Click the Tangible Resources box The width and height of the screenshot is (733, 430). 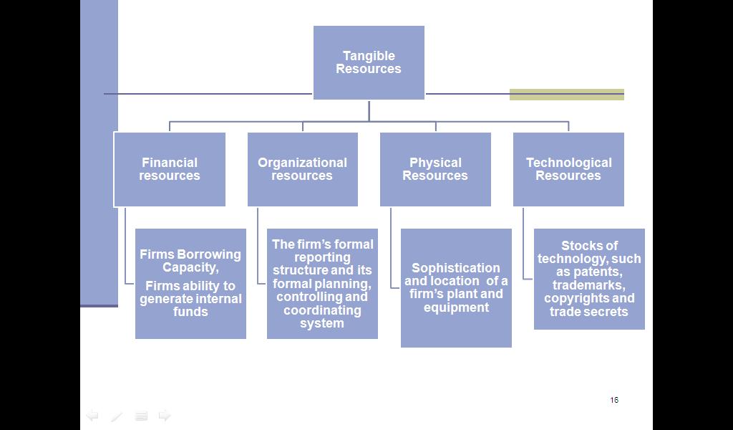point(369,62)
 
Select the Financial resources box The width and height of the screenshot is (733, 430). point(170,169)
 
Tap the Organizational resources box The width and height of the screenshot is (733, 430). point(302,169)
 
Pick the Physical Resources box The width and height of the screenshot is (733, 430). point(435,169)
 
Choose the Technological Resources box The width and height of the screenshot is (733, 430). point(568,169)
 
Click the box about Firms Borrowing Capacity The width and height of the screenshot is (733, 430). point(190,283)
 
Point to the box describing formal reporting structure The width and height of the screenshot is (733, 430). point(322,283)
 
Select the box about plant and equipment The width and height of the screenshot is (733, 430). point(456,287)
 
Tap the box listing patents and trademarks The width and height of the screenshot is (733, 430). point(589,279)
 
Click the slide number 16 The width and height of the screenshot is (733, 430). point(614,400)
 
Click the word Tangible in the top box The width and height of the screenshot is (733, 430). point(369,56)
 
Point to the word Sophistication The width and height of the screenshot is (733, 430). point(456,268)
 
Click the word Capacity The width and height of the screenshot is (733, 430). point(190,267)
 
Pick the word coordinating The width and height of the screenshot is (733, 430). point(322,310)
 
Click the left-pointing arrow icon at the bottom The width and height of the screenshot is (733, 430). point(92,416)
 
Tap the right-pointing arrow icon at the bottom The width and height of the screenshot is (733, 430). point(165,416)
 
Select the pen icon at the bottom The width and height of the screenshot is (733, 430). point(117,416)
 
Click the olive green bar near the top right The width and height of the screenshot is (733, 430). point(566,95)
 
